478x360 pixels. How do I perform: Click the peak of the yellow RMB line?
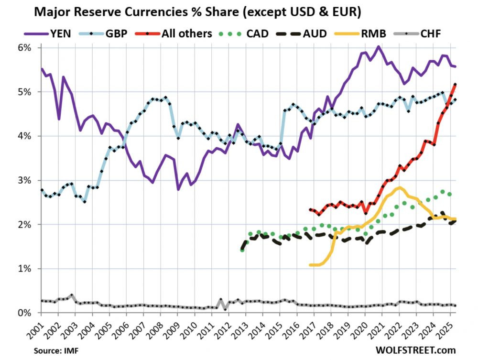(x=399, y=187)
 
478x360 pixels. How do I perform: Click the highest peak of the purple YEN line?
(x=378, y=46)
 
